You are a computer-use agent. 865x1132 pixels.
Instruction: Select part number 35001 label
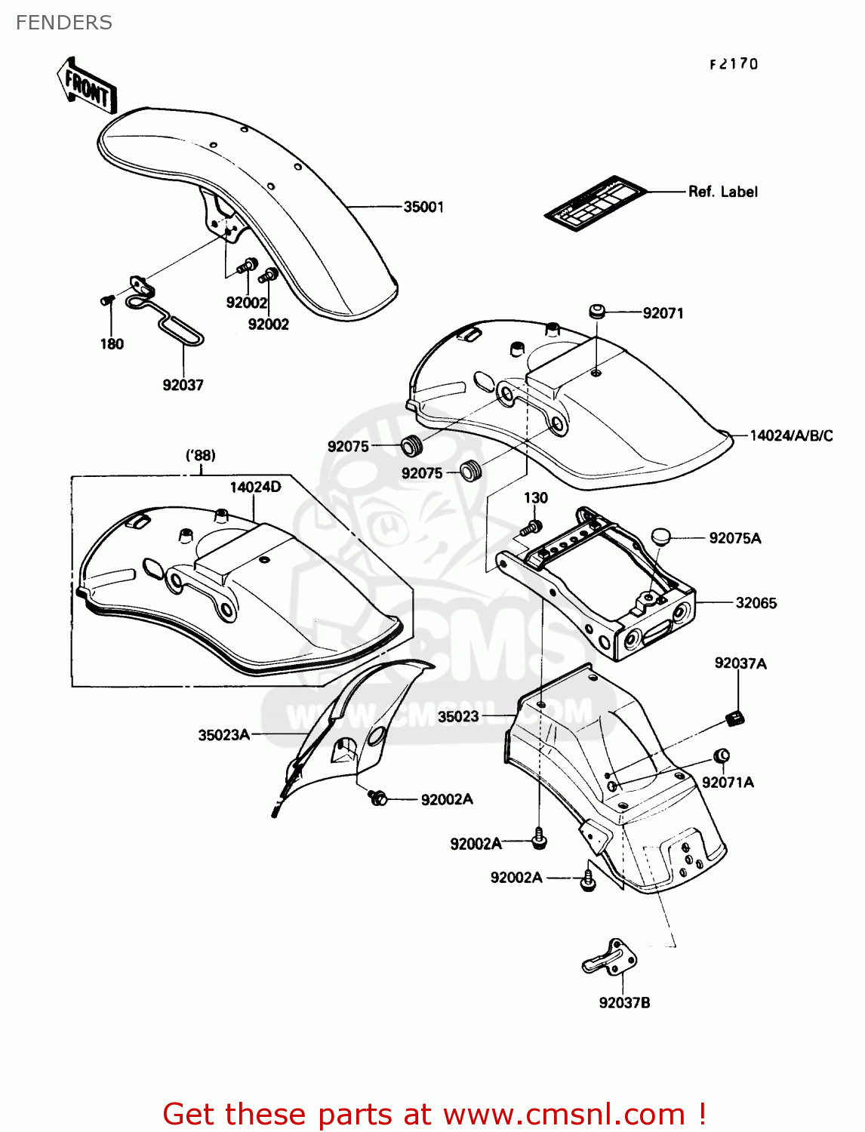coord(423,207)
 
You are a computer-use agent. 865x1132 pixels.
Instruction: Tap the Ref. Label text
coord(722,192)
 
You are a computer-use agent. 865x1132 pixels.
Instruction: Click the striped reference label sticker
coord(596,203)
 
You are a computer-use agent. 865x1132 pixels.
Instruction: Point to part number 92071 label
coord(663,313)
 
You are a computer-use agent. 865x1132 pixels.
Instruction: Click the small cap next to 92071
coord(597,311)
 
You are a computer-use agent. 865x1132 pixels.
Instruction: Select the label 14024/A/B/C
coord(791,435)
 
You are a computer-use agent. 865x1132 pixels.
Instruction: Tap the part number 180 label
coord(112,344)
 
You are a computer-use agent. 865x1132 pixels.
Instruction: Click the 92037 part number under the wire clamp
coord(183,385)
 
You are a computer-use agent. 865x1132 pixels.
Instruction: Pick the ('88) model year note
coord(201,455)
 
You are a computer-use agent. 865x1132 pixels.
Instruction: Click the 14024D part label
coord(255,487)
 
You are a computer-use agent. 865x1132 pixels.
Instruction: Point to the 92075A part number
coord(734,538)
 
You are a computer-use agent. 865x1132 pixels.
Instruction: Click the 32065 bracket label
coord(756,603)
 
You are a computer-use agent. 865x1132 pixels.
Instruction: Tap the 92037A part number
coord(740,663)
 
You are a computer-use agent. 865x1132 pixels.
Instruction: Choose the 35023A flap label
coord(223,735)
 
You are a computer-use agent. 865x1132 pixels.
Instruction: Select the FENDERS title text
coord(64,23)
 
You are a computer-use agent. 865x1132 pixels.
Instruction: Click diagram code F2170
coord(734,64)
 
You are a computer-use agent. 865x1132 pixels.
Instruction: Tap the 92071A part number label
coord(728,783)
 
